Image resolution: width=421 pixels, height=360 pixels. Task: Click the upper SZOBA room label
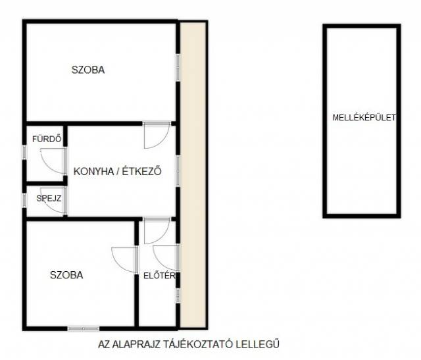click(88, 70)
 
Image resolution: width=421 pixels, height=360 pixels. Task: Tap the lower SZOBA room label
click(66, 275)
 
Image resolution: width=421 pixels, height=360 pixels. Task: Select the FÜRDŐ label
click(47, 139)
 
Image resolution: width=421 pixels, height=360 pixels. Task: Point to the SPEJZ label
click(49, 198)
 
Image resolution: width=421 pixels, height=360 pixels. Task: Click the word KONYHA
click(93, 171)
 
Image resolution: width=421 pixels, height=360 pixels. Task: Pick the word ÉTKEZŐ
click(142, 171)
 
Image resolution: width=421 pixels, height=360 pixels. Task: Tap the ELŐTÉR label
click(159, 276)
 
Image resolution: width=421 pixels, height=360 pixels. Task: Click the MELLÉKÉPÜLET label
click(364, 118)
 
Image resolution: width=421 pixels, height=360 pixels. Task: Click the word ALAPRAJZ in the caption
click(136, 344)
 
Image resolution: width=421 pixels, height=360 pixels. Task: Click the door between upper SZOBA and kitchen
click(157, 135)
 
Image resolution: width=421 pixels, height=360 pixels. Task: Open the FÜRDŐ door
click(53, 161)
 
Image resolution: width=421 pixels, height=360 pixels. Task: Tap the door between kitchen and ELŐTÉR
click(157, 231)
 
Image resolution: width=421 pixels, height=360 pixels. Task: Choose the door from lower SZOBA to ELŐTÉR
click(125, 259)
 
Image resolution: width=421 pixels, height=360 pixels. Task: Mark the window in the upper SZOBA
click(178, 67)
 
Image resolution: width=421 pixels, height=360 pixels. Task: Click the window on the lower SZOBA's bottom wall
click(84, 328)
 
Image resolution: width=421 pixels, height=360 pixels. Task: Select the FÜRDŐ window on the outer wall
click(24, 152)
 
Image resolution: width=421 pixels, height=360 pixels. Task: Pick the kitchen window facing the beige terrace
click(178, 171)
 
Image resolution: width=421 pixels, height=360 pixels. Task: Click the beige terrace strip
click(193, 174)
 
